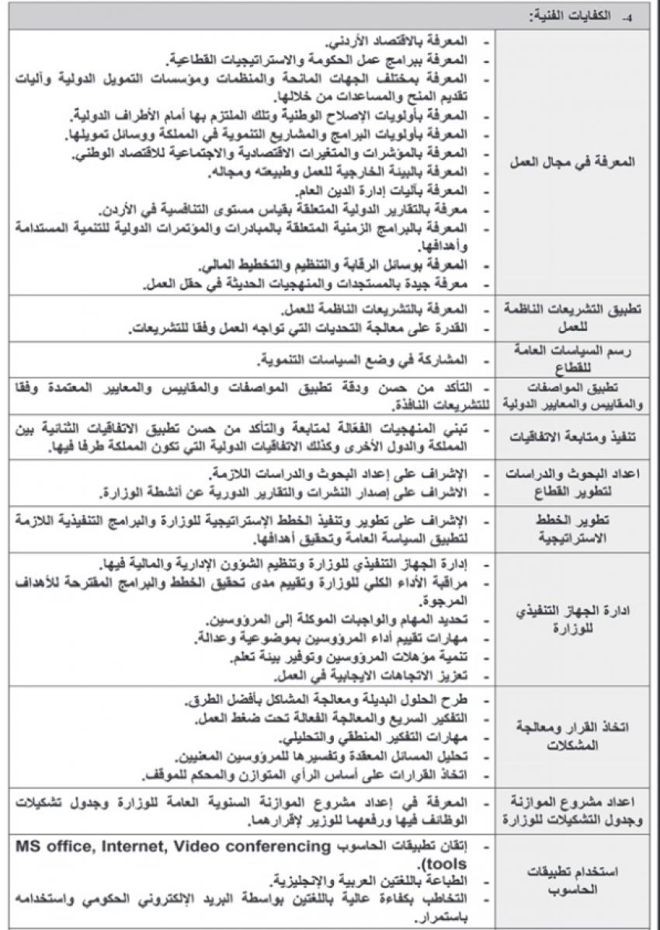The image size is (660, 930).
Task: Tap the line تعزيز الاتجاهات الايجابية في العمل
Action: coord(366,674)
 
